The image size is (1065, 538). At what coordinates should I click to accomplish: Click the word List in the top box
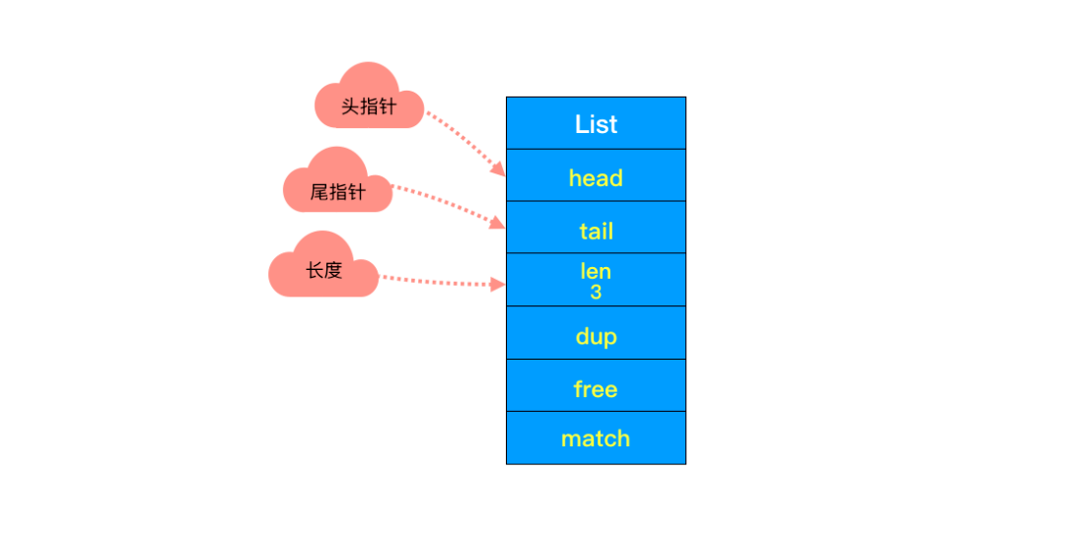click(x=596, y=124)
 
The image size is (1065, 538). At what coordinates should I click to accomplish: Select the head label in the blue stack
click(x=596, y=178)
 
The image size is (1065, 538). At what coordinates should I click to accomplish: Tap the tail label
click(x=596, y=232)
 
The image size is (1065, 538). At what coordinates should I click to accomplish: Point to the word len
click(x=596, y=271)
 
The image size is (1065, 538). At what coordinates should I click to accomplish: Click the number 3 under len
click(x=596, y=293)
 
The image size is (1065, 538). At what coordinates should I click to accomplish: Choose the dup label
click(x=596, y=337)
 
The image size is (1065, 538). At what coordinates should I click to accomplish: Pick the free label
click(x=596, y=389)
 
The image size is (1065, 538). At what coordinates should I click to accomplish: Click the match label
click(x=596, y=438)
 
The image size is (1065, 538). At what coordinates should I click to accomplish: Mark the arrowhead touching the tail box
click(x=499, y=224)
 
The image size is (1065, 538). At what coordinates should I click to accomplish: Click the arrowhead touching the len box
click(x=499, y=285)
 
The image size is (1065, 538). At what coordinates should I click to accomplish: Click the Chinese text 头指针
click(x=369, y=106)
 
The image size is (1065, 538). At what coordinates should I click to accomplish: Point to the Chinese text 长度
click(x=323, y=271)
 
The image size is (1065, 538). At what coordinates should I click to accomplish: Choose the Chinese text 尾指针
click(x=337, y=192)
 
